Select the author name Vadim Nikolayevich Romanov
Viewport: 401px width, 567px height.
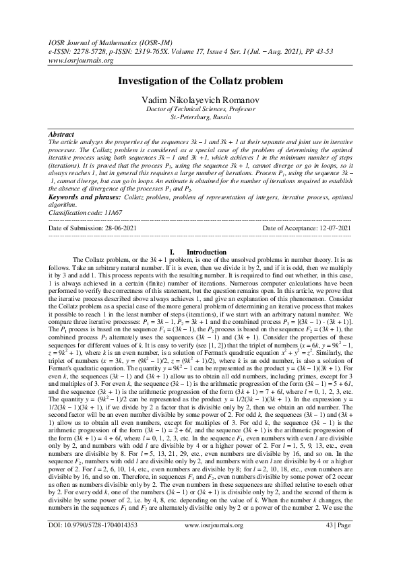(200, 100)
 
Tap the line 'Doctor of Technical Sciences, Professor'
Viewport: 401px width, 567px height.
(200, 109)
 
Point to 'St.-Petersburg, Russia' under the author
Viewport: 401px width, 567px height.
(200, 116)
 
